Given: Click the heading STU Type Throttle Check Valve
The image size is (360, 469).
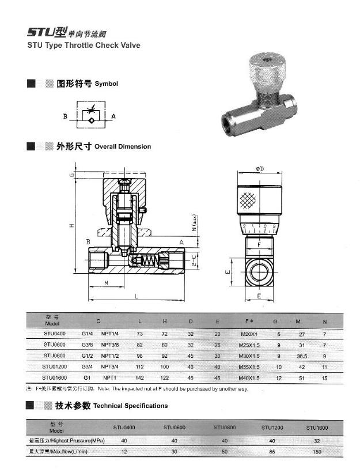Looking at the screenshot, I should point(84,44).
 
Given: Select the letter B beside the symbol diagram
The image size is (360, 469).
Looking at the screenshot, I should point(66,116).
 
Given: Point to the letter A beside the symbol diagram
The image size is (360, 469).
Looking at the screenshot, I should point(113,116).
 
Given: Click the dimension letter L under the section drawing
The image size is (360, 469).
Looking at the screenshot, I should point(136,296).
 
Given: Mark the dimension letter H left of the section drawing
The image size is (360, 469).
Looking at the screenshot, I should point(72,226).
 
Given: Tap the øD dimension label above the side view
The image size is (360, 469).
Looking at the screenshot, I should point(260,169).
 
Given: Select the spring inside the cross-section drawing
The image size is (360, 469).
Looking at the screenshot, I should point(150,262).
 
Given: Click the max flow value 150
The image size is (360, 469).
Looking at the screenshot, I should point(317,451).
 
